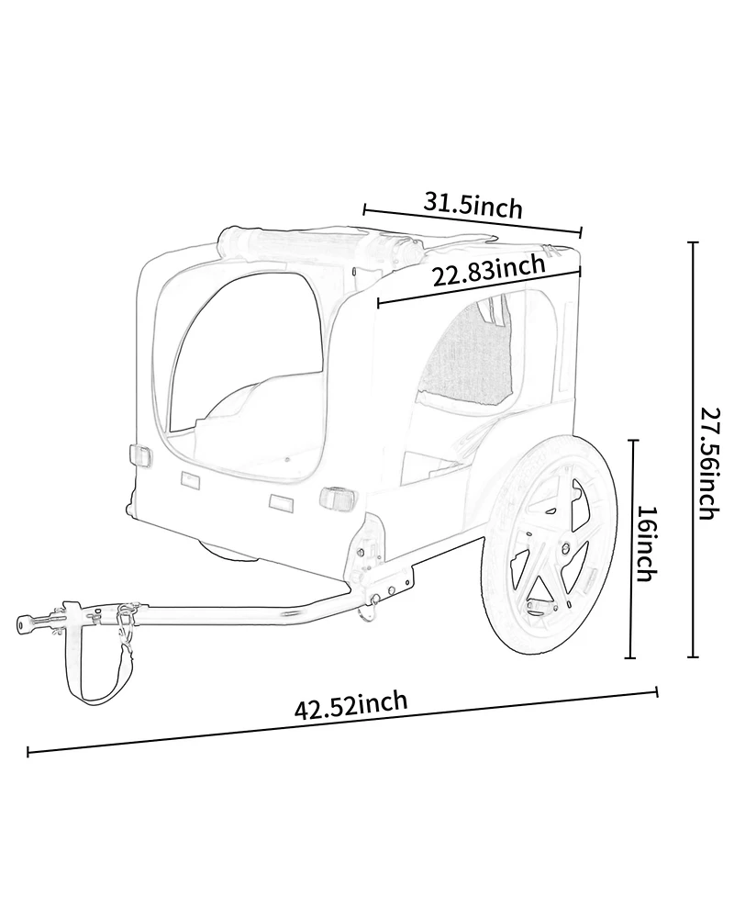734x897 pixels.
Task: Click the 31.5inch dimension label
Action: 473,204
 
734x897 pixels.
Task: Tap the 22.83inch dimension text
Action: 488,272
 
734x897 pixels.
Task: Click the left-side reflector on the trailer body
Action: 141,456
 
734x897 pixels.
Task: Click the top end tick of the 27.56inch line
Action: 693,243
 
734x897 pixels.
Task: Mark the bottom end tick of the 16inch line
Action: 631,657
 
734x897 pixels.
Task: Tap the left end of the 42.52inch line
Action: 28,754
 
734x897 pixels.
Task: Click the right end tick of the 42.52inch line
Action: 657,691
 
